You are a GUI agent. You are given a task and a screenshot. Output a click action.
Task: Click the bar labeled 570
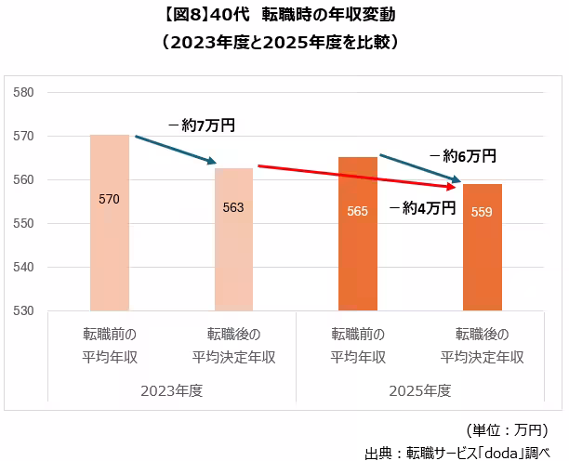coord(110,222)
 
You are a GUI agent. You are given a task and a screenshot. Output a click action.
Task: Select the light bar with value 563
coord(233,240)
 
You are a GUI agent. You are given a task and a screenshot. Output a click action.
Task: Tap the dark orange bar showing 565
coord(358,233)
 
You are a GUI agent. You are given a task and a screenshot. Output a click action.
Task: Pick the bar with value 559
coord(483,247)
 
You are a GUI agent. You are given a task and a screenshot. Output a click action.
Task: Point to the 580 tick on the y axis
coord(23,93)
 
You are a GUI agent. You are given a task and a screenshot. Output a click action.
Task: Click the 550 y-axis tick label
coord(23,223)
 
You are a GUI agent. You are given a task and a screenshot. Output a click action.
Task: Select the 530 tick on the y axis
coord(23,310)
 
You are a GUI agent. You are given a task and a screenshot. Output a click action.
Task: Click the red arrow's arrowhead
coord(452,187)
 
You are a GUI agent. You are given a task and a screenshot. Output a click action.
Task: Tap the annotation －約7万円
coord(202,125)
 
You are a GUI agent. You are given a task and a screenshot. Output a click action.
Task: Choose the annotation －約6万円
coord(463,156)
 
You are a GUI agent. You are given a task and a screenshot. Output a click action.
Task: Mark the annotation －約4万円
coord(422,208)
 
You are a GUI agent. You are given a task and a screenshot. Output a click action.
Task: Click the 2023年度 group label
coord(172,391)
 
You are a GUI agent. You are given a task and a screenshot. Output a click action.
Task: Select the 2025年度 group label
coord(420,391)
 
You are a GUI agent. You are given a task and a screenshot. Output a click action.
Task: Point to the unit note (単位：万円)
coord(508,430)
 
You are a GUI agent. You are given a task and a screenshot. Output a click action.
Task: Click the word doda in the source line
coord(502,453)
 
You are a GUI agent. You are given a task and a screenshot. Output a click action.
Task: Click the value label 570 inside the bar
coord(109,199)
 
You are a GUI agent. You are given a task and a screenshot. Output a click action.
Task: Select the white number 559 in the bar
coord(482,212)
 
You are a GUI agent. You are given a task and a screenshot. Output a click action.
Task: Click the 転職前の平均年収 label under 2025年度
coord(358,346)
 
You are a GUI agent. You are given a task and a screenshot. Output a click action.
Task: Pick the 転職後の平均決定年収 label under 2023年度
coord(233,346)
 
